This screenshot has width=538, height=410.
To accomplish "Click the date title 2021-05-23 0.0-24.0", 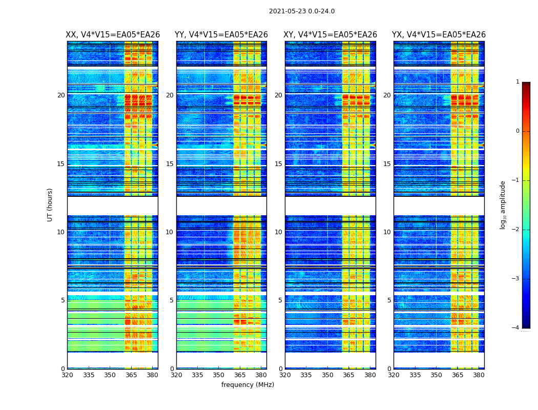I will [302, 11].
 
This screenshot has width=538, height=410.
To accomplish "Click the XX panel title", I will [113, 35].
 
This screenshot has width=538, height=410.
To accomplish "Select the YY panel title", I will [221, 35].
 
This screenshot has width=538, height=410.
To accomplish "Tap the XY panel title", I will [330, 35].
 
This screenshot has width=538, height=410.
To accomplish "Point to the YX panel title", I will [439, 35].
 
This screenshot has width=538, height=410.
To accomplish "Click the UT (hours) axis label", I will [50, 204].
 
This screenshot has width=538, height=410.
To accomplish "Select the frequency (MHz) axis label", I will [247, 385].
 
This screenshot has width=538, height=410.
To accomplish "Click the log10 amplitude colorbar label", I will [503, 204].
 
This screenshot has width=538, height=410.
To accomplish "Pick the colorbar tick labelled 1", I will [517, 82].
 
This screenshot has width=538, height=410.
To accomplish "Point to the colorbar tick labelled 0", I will [517, 131].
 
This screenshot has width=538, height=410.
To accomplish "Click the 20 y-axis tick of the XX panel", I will [61, 95].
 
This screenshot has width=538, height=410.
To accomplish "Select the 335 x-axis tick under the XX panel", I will [89, 375].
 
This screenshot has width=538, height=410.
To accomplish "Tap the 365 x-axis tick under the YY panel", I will [240, 375].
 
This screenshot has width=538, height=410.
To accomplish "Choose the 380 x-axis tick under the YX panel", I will [479, 375].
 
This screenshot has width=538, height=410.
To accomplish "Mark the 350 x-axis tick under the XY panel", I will [327, 375].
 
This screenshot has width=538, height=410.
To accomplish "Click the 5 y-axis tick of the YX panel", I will [389, 300].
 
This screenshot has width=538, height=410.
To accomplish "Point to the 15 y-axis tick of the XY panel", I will [278, 164].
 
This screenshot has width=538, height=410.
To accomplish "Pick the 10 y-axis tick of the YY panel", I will [170, 232].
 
